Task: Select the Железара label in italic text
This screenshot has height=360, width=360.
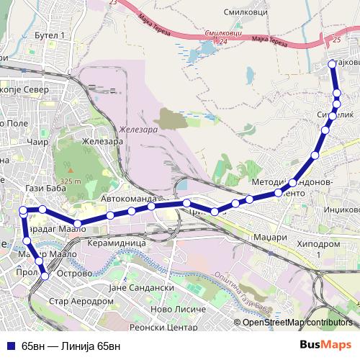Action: tap(138, 130)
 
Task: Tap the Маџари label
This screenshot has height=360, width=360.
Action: tap(271, 235)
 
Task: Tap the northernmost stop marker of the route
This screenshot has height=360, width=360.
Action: tap(332, 64)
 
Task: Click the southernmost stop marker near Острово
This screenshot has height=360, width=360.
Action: tap(45, 275)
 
